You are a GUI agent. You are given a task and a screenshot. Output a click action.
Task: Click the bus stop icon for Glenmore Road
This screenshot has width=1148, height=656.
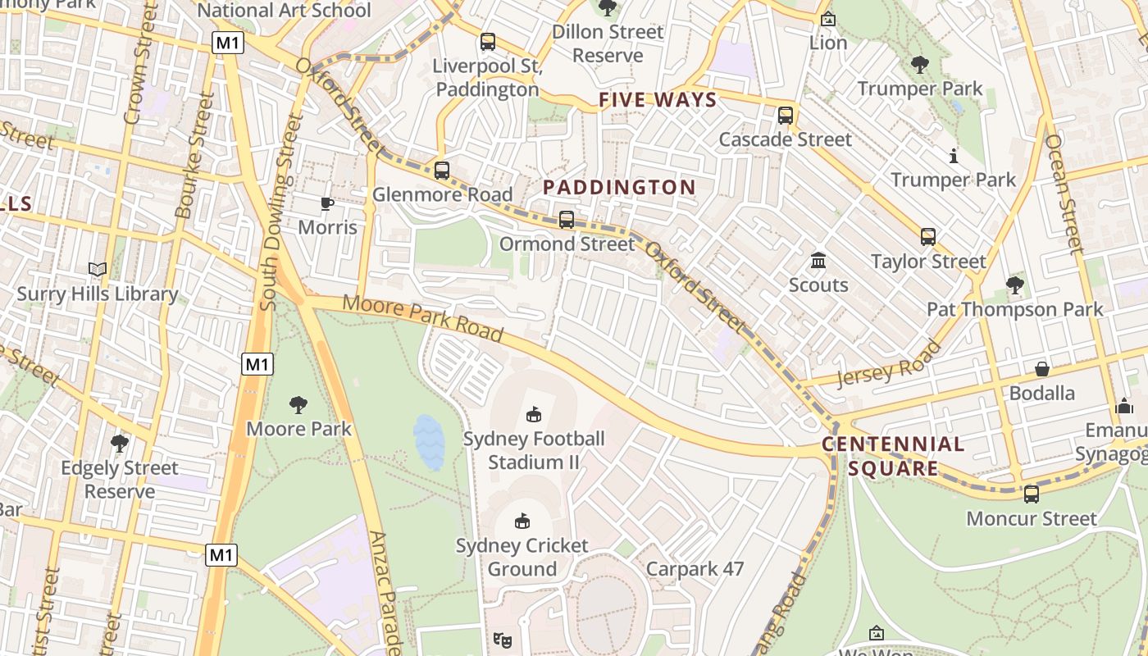(442, 171)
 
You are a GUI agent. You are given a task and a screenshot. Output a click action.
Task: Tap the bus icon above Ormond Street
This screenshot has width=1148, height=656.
(567, 220)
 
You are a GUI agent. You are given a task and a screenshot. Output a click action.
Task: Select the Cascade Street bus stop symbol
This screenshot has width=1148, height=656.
(786, 116)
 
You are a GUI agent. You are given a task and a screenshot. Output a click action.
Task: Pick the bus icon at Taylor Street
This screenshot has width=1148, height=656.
(928, 237)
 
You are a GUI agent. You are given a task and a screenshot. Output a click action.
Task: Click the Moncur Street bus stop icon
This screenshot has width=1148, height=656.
(1032, 494)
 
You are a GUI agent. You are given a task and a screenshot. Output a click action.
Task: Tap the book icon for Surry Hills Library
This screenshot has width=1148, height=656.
(98, 269)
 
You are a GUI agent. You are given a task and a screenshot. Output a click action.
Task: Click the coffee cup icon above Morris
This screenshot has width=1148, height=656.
(327, 203)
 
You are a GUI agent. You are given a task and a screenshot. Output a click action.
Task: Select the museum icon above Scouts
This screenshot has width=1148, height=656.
(818, 261)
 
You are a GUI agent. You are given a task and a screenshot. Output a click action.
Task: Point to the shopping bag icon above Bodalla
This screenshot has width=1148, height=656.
(1041, 369)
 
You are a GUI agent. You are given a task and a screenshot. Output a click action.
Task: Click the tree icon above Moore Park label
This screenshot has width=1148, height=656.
(298, 404)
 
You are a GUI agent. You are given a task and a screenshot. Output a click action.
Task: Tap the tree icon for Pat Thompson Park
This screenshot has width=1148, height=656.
(1015, 285)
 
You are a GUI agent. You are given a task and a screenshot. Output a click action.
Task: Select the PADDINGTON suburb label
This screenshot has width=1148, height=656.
(619, 187)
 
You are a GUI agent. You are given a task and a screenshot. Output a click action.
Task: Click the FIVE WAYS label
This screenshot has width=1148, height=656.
(658, 100)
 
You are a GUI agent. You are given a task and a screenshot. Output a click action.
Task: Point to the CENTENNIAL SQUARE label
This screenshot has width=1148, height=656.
(893, 457)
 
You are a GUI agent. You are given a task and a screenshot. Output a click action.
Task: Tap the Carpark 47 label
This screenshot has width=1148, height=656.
(695, 569)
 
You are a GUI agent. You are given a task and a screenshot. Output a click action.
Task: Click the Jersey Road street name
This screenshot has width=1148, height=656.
(890, 364)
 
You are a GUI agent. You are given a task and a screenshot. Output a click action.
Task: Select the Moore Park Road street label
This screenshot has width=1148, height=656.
(422, 317)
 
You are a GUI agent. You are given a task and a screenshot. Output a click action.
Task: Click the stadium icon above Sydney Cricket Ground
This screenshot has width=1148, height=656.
(522, 521)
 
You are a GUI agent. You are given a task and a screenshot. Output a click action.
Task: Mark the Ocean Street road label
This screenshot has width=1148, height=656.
(1064, 193)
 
